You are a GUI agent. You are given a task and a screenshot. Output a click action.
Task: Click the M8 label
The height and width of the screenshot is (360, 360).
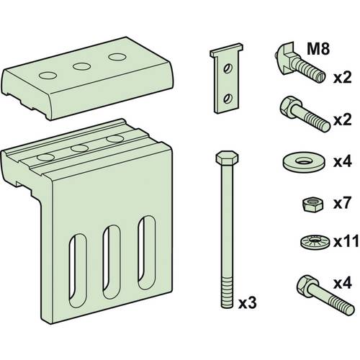[x=318, y=49]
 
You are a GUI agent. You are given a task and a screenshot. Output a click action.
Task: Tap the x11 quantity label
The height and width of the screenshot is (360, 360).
[x=346, y=242]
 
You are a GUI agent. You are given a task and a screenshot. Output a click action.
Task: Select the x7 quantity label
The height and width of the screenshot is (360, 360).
[x=342, y=203]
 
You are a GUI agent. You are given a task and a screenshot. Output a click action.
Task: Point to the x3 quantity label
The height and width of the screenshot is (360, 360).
[x=248, y=303]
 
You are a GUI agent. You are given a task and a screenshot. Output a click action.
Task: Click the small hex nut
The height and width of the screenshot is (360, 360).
[x=313, y=204]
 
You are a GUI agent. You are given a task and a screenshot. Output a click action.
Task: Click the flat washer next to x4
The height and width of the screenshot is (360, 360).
[x=304, y=163]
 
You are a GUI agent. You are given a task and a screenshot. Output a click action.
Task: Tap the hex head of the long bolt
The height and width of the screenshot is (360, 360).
[x=227, y=158]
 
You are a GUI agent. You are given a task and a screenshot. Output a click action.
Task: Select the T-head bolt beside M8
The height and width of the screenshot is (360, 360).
[x=300, y=63]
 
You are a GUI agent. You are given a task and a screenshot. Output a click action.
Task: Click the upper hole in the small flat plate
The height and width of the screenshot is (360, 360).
[x=227, y=68]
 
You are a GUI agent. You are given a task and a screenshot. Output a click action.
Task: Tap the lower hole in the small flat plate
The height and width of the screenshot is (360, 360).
[x=227, y=99]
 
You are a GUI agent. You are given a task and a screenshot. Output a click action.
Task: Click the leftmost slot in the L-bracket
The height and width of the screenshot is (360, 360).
[x=77, y=271]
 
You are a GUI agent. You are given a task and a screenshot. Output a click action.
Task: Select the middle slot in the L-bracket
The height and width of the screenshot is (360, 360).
[x=112, y=261]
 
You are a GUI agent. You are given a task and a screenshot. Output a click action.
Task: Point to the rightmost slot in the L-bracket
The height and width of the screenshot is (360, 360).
[x=146, y=253]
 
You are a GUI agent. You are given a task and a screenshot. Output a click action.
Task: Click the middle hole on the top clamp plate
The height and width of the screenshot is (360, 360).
[x=81, y=66]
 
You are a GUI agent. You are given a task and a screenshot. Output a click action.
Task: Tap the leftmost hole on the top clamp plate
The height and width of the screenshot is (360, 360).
[x=48, y=76]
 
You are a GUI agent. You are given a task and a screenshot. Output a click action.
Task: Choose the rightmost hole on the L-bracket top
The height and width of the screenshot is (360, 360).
[x=115, y=138]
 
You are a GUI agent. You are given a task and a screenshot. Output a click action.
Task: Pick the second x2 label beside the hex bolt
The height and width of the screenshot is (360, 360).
[x=342, y=120]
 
